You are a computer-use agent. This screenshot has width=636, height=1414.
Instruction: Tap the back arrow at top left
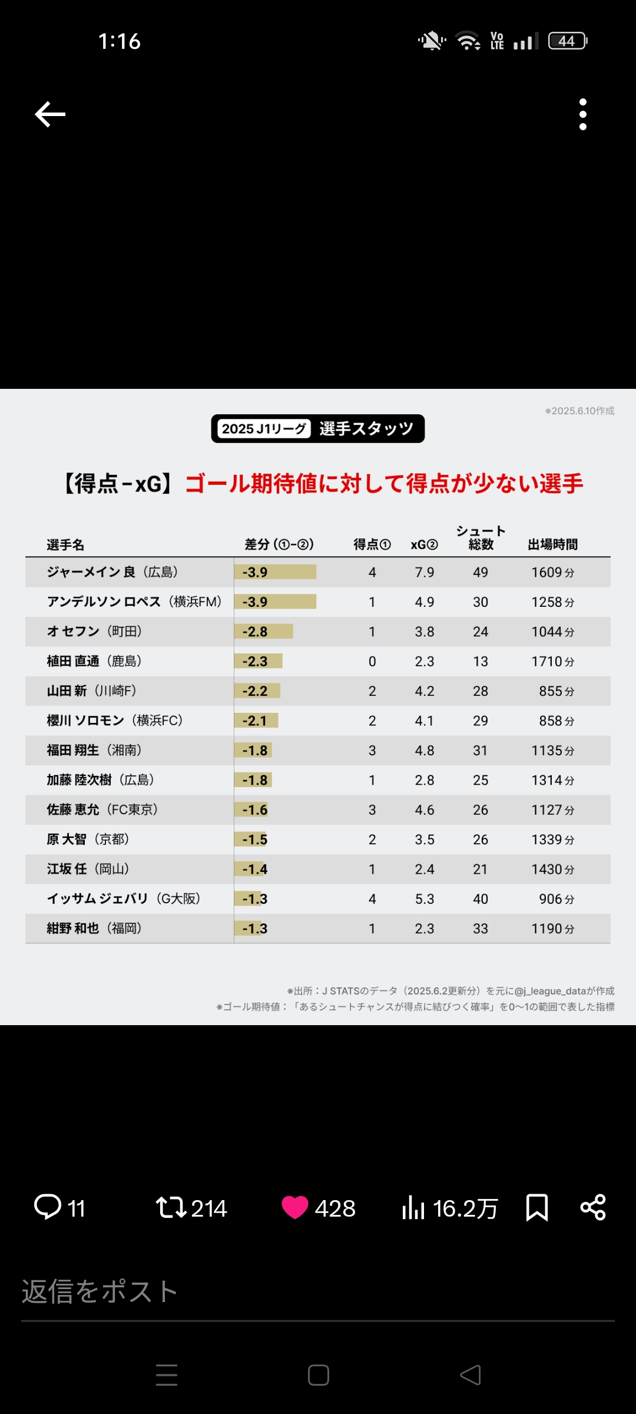coord(50,114)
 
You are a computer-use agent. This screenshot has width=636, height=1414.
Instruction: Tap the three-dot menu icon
coord(583,114)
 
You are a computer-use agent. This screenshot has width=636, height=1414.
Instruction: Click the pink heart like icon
coord(294,1207)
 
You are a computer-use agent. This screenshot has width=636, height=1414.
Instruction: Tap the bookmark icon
coord(536,1207)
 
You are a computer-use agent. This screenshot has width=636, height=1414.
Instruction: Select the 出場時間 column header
coord(552,544)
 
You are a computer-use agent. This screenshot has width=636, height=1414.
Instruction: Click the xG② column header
coord(424,544)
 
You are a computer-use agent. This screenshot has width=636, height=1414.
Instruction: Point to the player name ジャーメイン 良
coord(91,572)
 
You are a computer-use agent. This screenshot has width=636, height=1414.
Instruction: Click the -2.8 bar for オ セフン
coord(263,632)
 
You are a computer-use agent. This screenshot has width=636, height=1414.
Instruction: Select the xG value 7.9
coord(424,572)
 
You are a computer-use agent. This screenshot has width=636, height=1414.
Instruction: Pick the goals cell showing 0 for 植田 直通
coord(372,662)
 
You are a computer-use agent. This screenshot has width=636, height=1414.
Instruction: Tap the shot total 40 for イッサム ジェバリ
coord(481,899)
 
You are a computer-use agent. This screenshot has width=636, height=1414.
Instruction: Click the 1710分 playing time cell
coord(552,662)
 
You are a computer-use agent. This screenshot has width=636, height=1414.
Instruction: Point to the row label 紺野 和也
coord(73,929)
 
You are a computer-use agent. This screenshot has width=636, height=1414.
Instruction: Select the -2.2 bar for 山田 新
coord(257,691)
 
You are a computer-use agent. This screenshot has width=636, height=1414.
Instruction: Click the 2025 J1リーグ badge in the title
coord(264,429)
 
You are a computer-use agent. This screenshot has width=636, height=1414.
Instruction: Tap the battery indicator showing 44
coord(567,41)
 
